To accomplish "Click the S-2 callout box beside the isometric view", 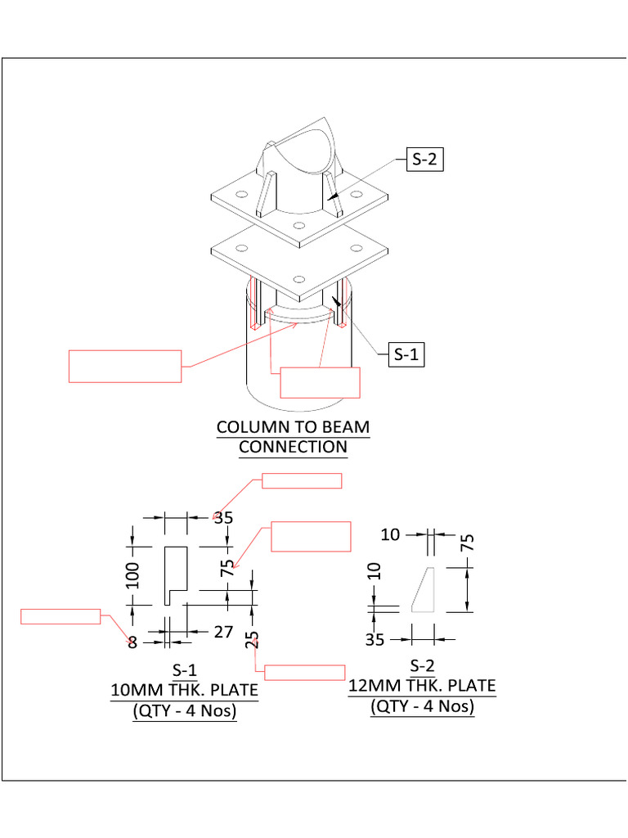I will (x=424, y=160).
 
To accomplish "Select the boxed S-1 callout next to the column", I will (x=406, y=354).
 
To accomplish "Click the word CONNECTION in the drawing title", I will (x=293, y=447).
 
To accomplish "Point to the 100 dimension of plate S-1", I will (x=133, y=574).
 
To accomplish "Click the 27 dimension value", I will (x=223, y=633).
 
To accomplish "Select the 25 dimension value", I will (x=252, y=638).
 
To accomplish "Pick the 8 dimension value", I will (x=132, y=642).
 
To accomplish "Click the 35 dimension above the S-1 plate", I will (x=223, y=517).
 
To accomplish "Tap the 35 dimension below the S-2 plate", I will (x=375, y=639).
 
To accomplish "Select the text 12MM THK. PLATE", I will (x=422, y=686).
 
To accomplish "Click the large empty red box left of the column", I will (x=124, y=366).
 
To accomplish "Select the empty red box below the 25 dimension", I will (x=305, y=673).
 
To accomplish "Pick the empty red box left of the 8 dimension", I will (x=61, y=617).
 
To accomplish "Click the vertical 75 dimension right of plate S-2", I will (x=468, y=543).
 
